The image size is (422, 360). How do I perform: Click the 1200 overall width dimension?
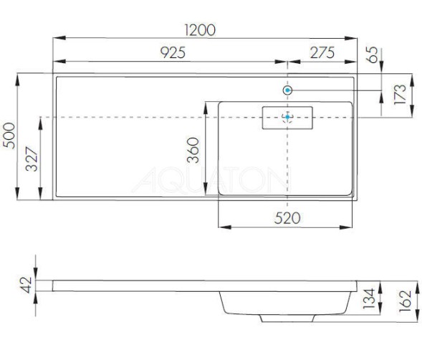pyautogui.click(x=200, y=29)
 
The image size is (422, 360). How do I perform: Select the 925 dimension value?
pyautogui.click(x=173, y=52)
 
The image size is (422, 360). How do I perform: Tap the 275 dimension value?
pyautogui.click(x=323, y=52)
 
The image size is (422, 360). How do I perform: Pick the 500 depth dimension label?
pyautogui.click(x=9, y=135)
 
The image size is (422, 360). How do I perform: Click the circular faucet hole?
pyautogui.click(x=288, y=90)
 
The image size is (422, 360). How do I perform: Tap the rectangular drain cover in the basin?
pyautogui.click(x=288, y=117)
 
